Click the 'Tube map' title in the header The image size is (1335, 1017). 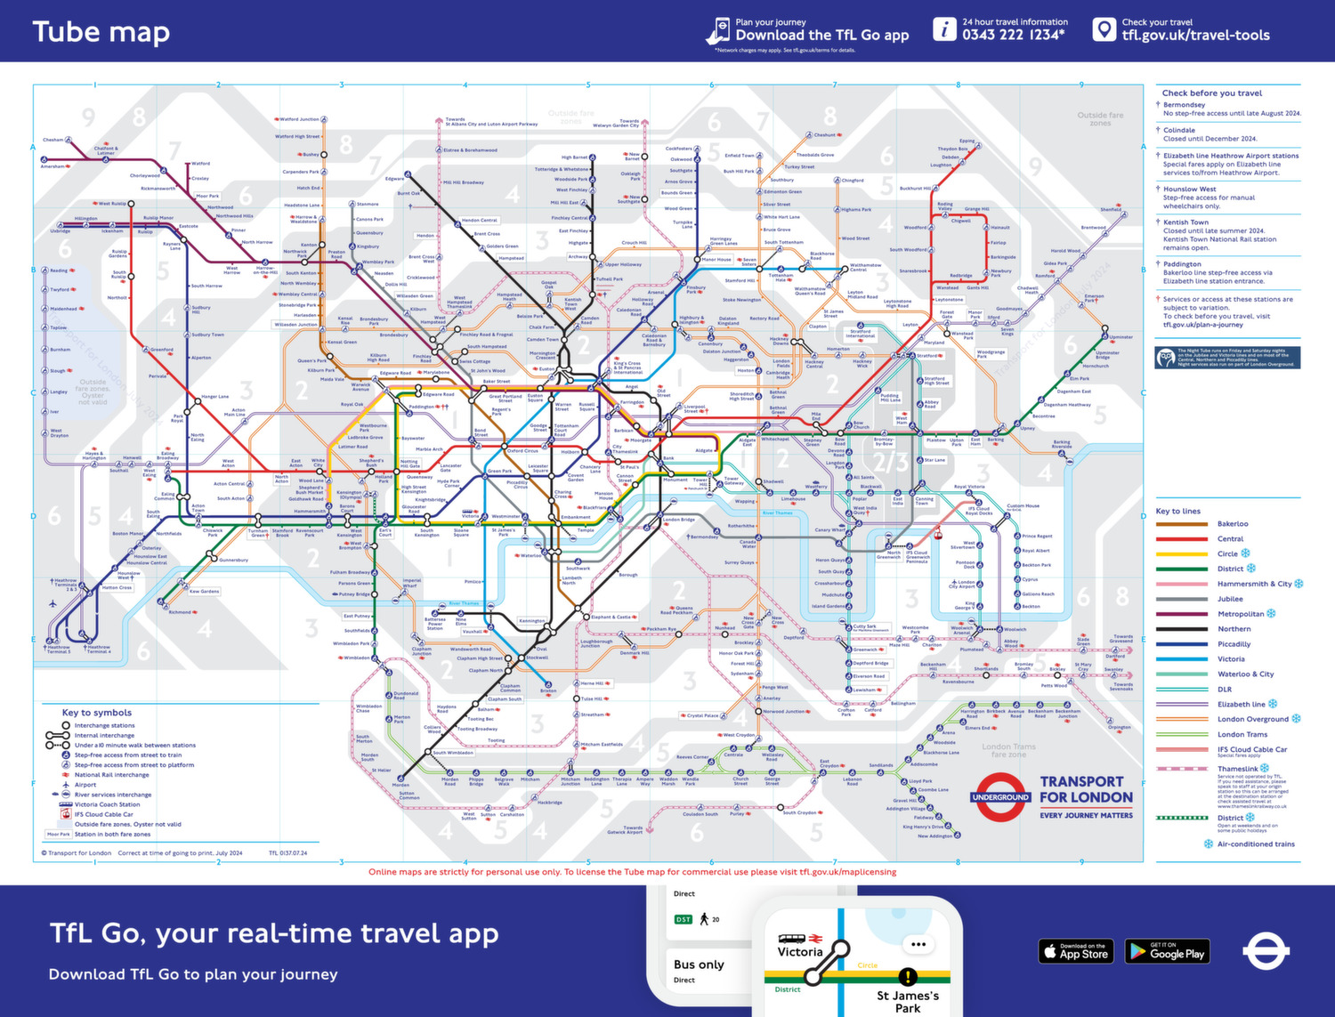(x=101, y=32)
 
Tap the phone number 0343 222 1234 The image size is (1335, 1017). (x=1013, y=35)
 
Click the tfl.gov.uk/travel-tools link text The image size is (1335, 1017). (x=1195, y=36)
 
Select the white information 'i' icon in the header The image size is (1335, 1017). (x=943, y=29)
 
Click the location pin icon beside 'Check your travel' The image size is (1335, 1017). (x=1104, y=29)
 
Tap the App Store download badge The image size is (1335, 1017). (x=1074, y=951)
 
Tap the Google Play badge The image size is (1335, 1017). (x=1167, y=951)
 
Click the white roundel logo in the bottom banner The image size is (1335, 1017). (x=1266, y=951)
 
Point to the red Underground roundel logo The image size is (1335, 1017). (x=1000, y=797)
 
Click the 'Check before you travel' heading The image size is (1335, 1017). (x=1211, y=93)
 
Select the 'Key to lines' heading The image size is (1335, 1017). (x=1177, y=511)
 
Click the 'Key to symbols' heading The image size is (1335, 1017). (x=97, y=713)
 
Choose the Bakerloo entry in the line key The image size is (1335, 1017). (x=1233, y=524)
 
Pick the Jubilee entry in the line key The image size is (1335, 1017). (x=1230, y=599)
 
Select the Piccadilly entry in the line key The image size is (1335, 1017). (x=1234, y=644)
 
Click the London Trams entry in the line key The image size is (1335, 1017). (x=1242, y=734)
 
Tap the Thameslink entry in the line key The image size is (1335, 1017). (x=1237, y=769)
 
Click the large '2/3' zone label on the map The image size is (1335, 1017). (x=890, y=462)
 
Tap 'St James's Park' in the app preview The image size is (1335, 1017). (x=907, y=1001)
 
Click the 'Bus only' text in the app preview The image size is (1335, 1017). (x=699, y=965)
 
